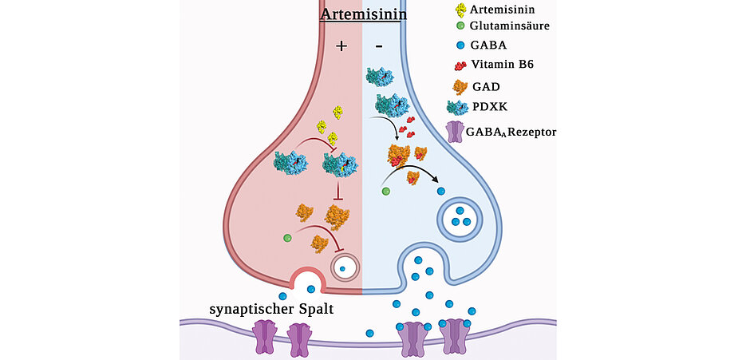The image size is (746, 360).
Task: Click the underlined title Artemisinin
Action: (x=362, y=14)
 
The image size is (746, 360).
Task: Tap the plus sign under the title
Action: (x=341, y=46)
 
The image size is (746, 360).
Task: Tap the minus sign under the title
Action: (x=379, y=46)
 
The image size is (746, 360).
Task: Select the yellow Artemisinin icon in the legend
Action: (x=461, y=10)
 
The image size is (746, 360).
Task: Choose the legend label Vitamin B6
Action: (x=510, y=66)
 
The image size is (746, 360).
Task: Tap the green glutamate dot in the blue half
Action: (x=386, y=192)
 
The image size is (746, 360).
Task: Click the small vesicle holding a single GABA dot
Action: (x=345, y=268)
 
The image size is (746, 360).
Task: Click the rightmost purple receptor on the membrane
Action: (x=454, y=336)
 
